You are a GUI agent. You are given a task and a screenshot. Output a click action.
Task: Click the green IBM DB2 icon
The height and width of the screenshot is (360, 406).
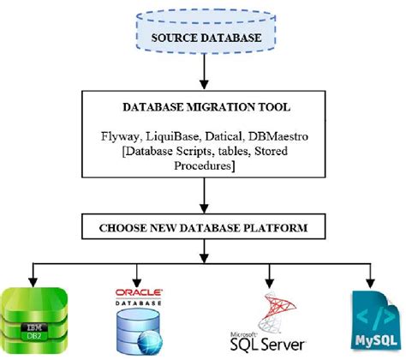[33, 323]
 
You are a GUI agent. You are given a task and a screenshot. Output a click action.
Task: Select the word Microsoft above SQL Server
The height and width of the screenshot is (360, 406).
[244, 334]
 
